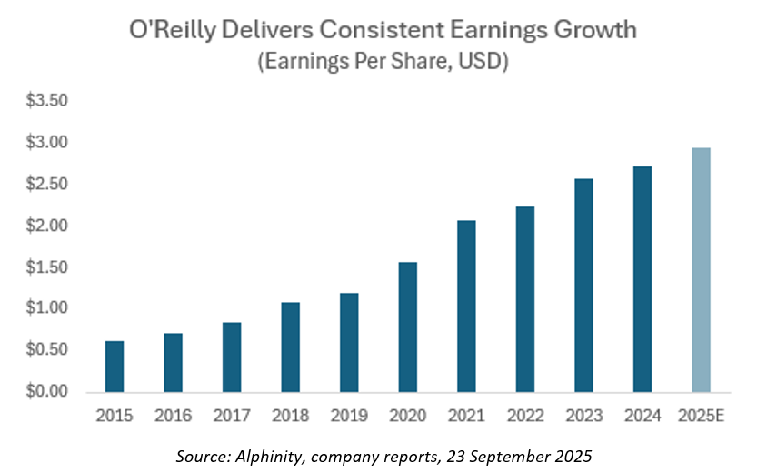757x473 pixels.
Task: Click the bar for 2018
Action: click(290, 347)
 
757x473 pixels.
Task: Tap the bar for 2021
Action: click(466, 306)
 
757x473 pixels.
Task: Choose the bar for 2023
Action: click(583, 285)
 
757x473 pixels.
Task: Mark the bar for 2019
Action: click(349, 342)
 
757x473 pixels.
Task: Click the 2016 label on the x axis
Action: click(173, 416)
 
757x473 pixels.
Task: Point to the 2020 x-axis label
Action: click(407, 416)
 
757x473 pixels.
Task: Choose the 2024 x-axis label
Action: click(642, 416)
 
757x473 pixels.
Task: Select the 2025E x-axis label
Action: click(701, 416)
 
